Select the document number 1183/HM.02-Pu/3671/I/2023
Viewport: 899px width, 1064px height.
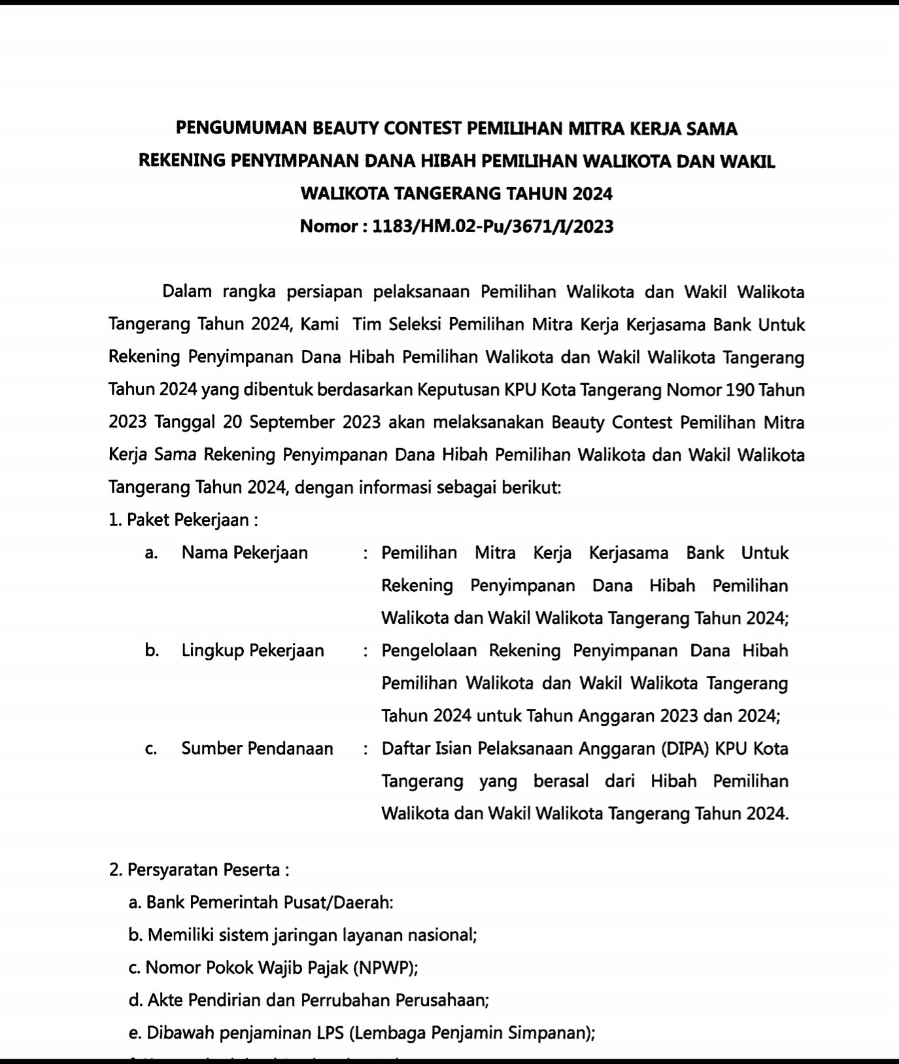[x=492, y=226]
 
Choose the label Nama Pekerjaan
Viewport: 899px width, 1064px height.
[x=245, y=553]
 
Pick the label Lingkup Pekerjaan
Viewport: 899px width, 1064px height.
[x=252, y=651]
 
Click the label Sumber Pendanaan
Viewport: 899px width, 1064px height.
[x=257, y=748]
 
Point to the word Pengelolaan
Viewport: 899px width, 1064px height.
[x=429, y=651]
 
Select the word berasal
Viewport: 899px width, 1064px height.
[x=561, y=781]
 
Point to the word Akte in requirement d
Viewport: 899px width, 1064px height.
[x=164, y=1000]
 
